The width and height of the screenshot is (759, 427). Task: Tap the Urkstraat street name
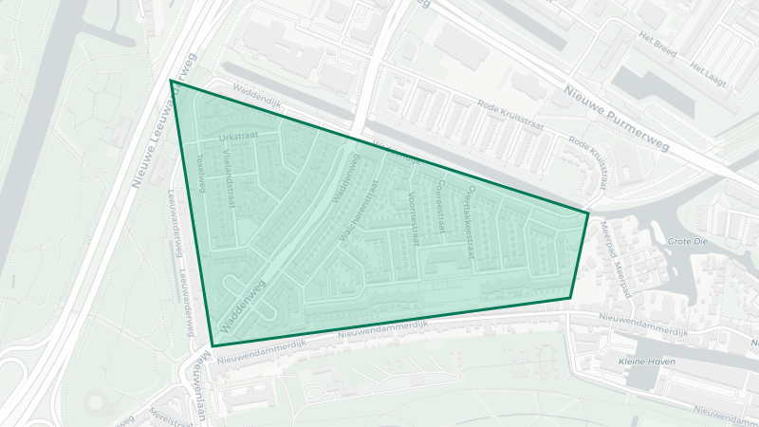click(237, 139)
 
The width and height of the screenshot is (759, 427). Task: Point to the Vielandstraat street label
click(229, 182)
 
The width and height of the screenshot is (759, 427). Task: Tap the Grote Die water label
click(688, 242)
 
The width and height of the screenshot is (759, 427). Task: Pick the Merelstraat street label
click(172, 416)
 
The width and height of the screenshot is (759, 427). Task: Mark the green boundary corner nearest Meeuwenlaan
click(213, 345)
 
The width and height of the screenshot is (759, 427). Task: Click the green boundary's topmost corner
click(171, 81)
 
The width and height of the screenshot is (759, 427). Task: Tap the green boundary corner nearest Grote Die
click(588, 213)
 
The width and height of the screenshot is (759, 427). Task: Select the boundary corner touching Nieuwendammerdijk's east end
click(570, 299)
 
